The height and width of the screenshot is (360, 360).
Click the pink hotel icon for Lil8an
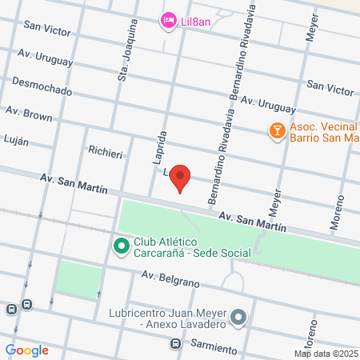click(168, 20)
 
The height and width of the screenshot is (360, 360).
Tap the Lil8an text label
click(196, 21)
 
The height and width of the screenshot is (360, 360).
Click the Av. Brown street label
click(29, 115)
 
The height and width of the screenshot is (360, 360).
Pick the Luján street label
click(17, 141)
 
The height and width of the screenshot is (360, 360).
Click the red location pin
click(181, 178)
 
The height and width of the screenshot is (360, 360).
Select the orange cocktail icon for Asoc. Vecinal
click(276, 130)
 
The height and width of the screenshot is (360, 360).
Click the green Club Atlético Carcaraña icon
click(122, 246)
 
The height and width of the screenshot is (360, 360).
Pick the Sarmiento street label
click(214, 348)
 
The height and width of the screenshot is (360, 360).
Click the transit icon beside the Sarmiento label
click(175, 344)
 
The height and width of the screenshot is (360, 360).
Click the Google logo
click(27, 350)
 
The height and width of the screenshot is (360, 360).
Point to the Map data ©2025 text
click(324, 354)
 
